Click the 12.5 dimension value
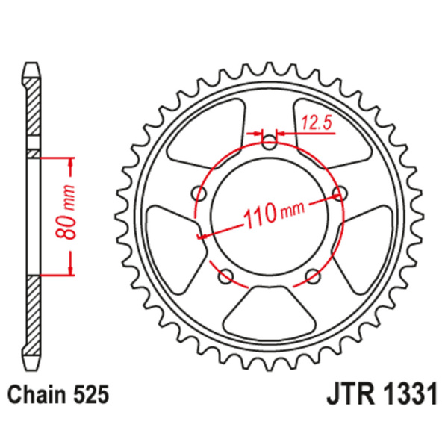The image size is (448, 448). click(x=317, y=121)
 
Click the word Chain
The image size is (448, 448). click(x=36, y=393)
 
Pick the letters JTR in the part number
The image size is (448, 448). click(x=350, y=393)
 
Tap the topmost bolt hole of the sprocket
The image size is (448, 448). click(x=270, y=143)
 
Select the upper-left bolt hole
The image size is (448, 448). click(x=199, y=194)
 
